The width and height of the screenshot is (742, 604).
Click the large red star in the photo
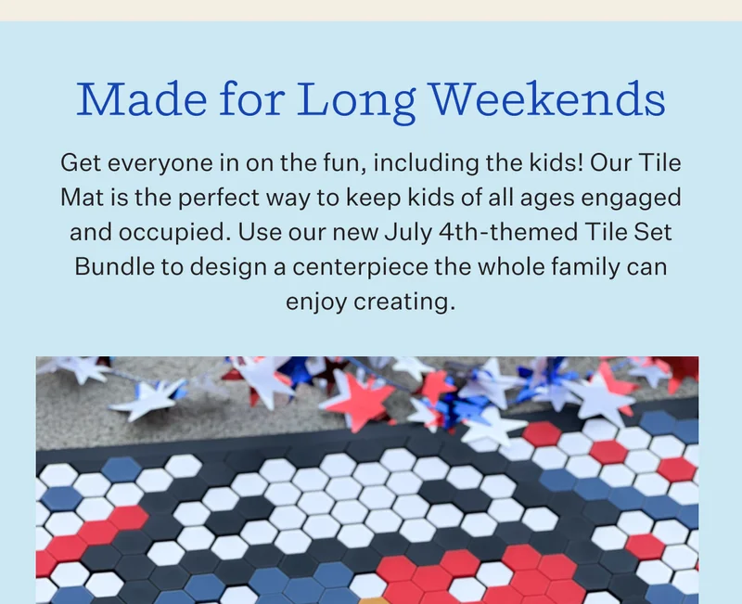click(345, 399)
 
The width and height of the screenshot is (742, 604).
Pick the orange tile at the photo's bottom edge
click(373, 600)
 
